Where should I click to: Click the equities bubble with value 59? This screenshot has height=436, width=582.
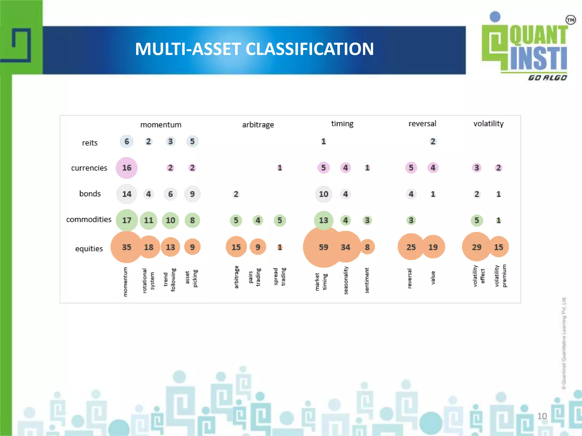(323, 247)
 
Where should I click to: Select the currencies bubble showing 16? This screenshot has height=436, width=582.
(126, 168)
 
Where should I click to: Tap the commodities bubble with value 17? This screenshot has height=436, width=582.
(126, 220)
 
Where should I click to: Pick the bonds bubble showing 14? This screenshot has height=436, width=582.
(126, 194)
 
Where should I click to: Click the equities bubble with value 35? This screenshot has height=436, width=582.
(126, 247)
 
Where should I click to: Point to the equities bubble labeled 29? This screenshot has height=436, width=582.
(477, 247)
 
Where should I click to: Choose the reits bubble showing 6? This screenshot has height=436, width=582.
(126, 141)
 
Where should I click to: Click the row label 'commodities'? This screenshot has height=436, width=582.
(89, 219)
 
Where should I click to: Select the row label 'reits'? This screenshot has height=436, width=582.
(90, 143)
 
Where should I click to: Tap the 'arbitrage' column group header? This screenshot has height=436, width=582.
(258, 125)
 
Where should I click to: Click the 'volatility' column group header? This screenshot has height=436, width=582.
(488, 123)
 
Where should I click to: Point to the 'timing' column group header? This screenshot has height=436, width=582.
(342, 123)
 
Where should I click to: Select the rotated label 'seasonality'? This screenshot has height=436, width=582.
(346, 280)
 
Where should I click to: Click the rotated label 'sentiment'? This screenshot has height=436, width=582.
(367, 280)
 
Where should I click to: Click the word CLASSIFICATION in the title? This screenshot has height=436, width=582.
(309, 49)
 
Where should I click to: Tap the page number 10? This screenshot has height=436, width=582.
(542, 416)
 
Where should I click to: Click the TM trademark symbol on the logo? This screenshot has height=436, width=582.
(570, 20)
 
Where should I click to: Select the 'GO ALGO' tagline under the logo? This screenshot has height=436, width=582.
(547, 78)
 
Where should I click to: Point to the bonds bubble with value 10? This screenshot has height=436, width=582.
(323, 194)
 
